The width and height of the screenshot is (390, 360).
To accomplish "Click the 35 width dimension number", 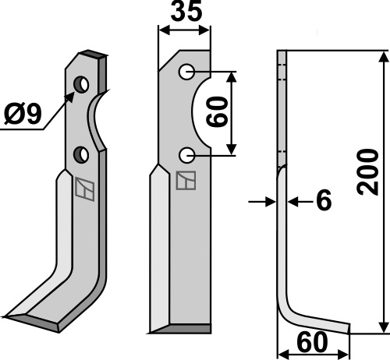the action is [186, 12].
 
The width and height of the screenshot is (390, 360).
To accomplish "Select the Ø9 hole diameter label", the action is [23, 114].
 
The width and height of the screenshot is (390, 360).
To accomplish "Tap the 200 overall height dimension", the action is [367, 172].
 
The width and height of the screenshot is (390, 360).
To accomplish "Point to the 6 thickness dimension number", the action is [324, 200].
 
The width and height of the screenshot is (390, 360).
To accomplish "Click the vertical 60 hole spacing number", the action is [217, 111].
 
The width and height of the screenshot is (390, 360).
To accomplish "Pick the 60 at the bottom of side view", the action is [312, 343].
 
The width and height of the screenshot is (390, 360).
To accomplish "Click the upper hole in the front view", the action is [186, 72].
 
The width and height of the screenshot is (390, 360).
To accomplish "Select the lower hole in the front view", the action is [187, 155].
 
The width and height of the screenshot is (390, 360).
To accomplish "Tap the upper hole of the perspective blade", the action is [81, 84].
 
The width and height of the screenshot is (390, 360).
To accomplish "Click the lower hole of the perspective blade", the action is [81, 155].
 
